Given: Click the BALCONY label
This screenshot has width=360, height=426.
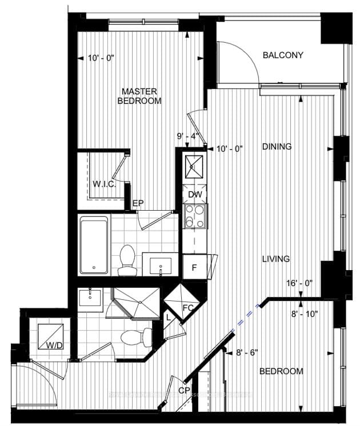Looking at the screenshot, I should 282,55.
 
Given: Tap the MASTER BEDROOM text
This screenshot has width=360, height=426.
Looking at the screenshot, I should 139,96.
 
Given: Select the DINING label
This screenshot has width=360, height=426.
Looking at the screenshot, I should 277,147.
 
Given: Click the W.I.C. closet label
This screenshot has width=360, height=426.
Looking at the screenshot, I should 105,184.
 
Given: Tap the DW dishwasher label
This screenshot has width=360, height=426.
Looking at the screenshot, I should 194,195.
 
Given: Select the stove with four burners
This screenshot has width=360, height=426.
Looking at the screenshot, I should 195,215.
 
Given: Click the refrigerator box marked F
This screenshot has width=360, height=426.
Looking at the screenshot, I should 194,267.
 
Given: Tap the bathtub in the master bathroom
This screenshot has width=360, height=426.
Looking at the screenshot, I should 94,245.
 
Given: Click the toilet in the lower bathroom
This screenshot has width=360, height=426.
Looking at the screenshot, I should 135,337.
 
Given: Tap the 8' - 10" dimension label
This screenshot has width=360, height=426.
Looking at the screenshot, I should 305,314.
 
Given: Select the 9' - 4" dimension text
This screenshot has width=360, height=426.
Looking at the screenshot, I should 188,136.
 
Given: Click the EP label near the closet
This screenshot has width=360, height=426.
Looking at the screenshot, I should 138,203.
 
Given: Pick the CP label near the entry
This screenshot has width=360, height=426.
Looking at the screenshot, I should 184,391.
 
